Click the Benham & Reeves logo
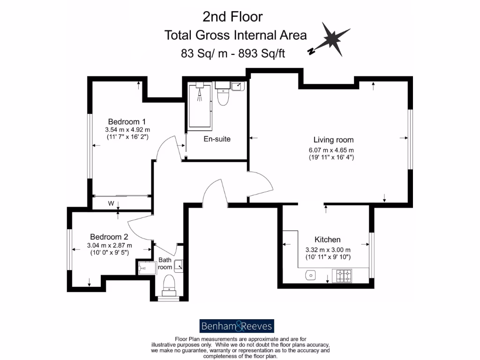(x=237, y=326)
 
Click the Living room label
(x=333, y=140)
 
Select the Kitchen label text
(x=328, y=240)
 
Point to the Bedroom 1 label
(x=127, y=121)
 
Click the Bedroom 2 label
(x=109, y=237)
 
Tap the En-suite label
(x=217, y=139)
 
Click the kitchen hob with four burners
(x=342, y=276)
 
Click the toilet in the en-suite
(x=223, y=97)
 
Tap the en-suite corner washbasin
(x=238, y=87)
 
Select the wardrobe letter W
(x=112, y=203)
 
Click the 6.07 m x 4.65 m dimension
(x=333, y=150)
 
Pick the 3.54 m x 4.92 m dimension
(x=127, y=130)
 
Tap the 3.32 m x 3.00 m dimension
(x=328, y=249)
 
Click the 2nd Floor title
(x=232, y=17)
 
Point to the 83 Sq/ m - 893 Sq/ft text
(x=233, y=53)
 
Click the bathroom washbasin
(x=179, y=266)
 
